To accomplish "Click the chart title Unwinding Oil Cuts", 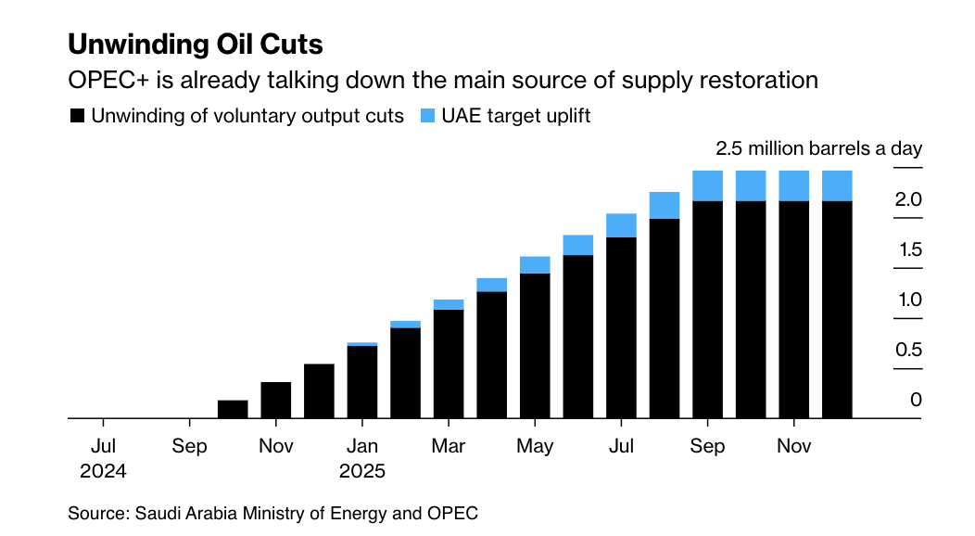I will pyautogui.click(x=196, y=44).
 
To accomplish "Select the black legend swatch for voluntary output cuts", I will pyautogui.click(x=78, y=116).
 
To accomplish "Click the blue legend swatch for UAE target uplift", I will pyautogui.click(x=427, y=116).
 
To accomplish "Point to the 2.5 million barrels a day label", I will pyautogui.click(x=818, y=148).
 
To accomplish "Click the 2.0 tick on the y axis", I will pyautogui.click(x=908, y=199).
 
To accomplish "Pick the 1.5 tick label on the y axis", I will pyautogui.click(x=908, y=249).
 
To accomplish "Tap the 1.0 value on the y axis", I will pyautogui.click(x=908, y=300).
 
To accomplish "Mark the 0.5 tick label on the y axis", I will pyautogui.click(x=908, y=350).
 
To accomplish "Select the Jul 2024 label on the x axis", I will pyautogui.click(x=103, y=457).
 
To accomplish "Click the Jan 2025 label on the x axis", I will pyautogui.click(x=361, y=457).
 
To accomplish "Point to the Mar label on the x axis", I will pyautogui.click(x=448, y=446).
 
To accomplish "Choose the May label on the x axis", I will pyautogui.click(x=535, y=446).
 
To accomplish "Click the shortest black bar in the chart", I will pyautogui.click(x=233, y=409).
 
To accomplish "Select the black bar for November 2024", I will pyautogui.click(x=276, y=400).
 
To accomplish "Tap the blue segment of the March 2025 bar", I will pyautogui.click(x=449, y=304).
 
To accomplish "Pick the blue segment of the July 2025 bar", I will pyautogui.click(x=621, y=225).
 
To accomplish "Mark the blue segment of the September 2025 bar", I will pyautogui.click(x=708, y=185).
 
